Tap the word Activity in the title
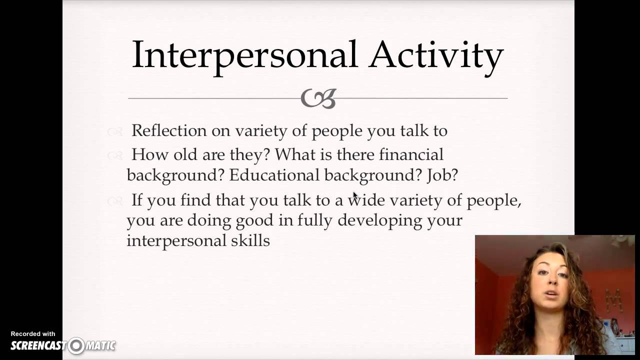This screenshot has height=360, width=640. (436, 54)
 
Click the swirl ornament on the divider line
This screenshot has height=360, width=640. (318, 98)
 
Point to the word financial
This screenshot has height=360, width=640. (411, 154)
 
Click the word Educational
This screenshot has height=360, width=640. (274, 175)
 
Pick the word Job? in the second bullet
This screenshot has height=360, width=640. (442, 175)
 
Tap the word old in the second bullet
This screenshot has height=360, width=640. (185, 154)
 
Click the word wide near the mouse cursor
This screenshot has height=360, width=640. (367, 200)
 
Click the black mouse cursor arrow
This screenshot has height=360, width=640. (355, 195)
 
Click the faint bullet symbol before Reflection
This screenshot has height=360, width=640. (114, 131)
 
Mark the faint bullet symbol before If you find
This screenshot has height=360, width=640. (114, 201)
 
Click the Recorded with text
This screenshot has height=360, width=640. (33, 333)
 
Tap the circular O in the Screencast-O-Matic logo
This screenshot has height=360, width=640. (76, 345)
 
